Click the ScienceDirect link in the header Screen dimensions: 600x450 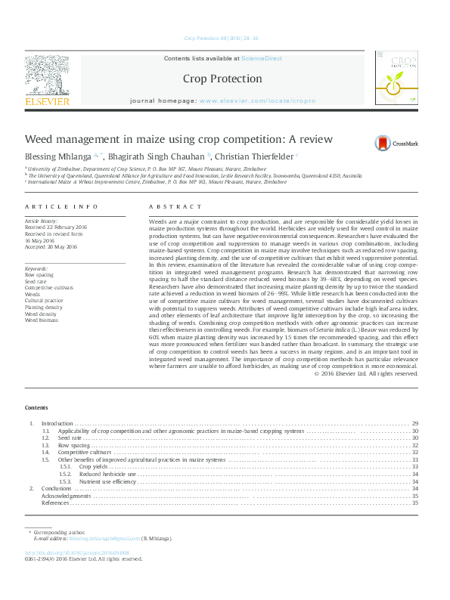pos(261,57)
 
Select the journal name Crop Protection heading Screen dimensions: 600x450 pos(222,79)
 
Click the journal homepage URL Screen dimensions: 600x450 pos(257,101)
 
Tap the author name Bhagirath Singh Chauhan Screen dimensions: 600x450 pos(150,156)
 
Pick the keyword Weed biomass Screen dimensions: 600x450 pos(42,320)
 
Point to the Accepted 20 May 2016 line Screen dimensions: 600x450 pos(51,246)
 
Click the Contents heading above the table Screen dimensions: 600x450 pos(36,408)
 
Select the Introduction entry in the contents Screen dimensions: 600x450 pos(57,423)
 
